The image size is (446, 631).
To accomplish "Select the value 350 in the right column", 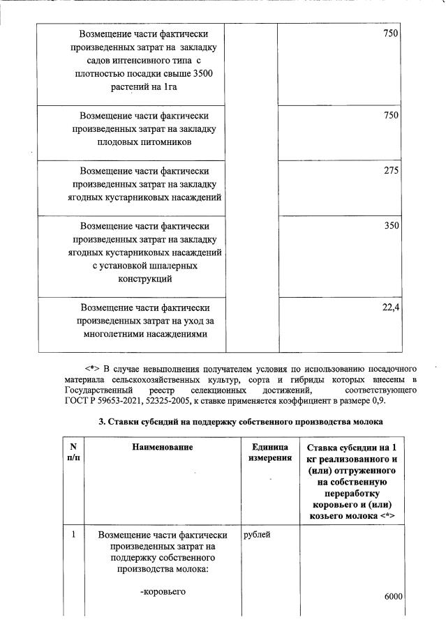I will coord(390,226).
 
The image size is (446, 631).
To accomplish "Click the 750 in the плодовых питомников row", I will coord(390,115).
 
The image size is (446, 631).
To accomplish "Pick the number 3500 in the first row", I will coord(202,74).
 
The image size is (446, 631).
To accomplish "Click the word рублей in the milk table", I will coord(258,535).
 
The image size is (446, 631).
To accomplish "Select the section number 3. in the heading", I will coord(101,423).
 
